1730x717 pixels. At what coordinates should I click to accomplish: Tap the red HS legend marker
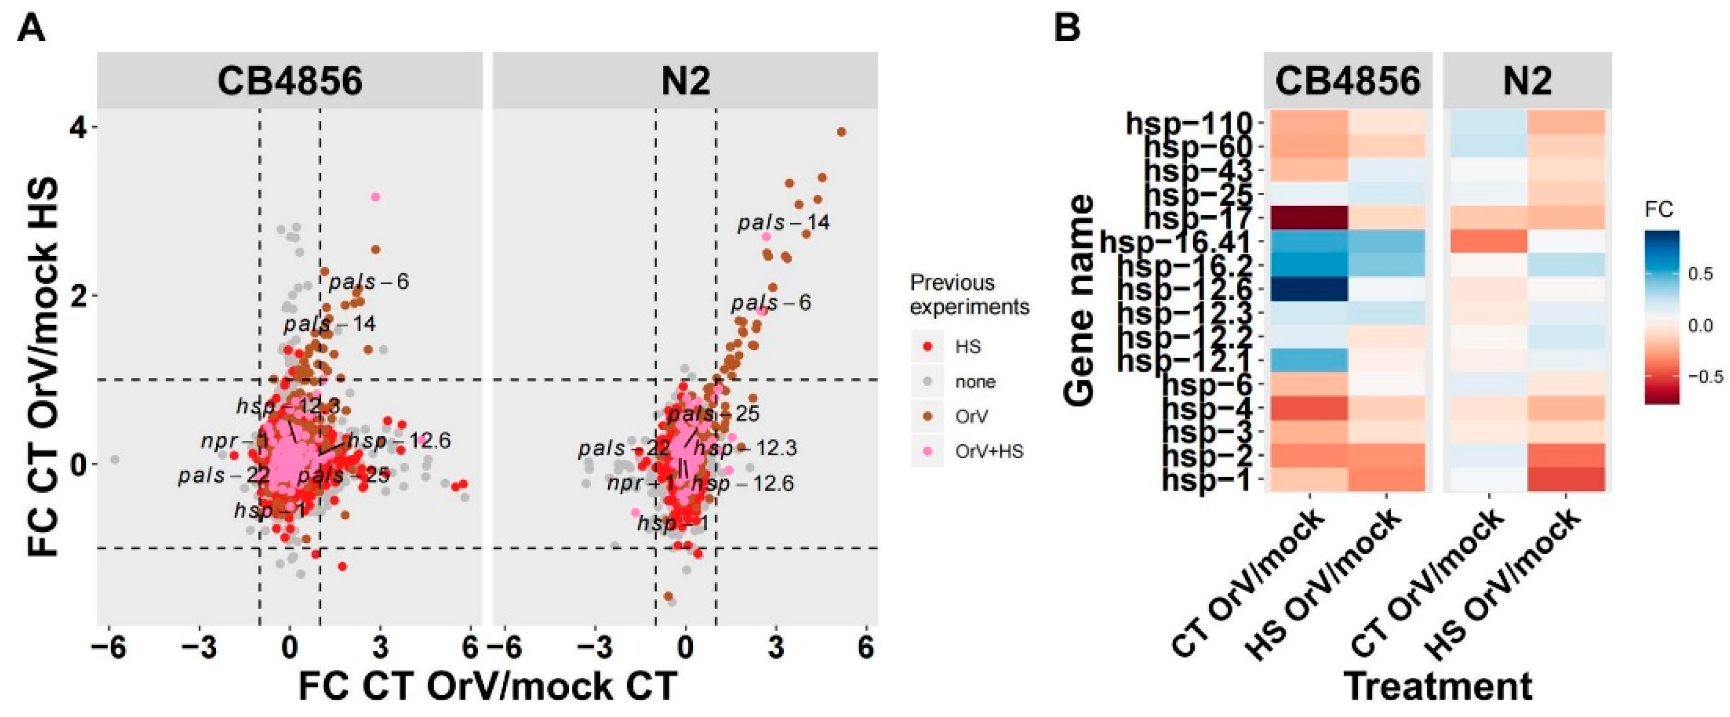click(x=928, y=347)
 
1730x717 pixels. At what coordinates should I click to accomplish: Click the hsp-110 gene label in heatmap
click(x=1189, y=124)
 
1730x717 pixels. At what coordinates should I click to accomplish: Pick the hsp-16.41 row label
click(x=1175, y=243)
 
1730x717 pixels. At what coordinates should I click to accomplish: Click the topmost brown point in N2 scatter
click(x=841, y=133)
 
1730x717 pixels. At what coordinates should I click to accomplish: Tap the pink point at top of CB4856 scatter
click(x=375, y=197)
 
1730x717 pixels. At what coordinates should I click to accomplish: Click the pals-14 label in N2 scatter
click(x=784, y=222)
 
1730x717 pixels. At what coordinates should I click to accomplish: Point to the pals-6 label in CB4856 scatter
click(x=368, y=282)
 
